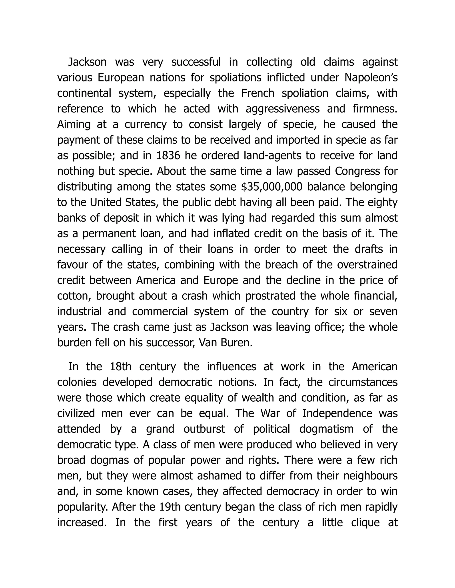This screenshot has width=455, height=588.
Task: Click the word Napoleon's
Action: (x=371, y=78)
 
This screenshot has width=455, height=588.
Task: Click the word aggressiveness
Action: (x=283, y=109)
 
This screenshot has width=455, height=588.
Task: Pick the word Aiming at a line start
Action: (x=74, y=125)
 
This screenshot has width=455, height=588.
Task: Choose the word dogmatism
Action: (x=326, y=429)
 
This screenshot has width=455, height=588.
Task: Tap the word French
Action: (x=258, y=93)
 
